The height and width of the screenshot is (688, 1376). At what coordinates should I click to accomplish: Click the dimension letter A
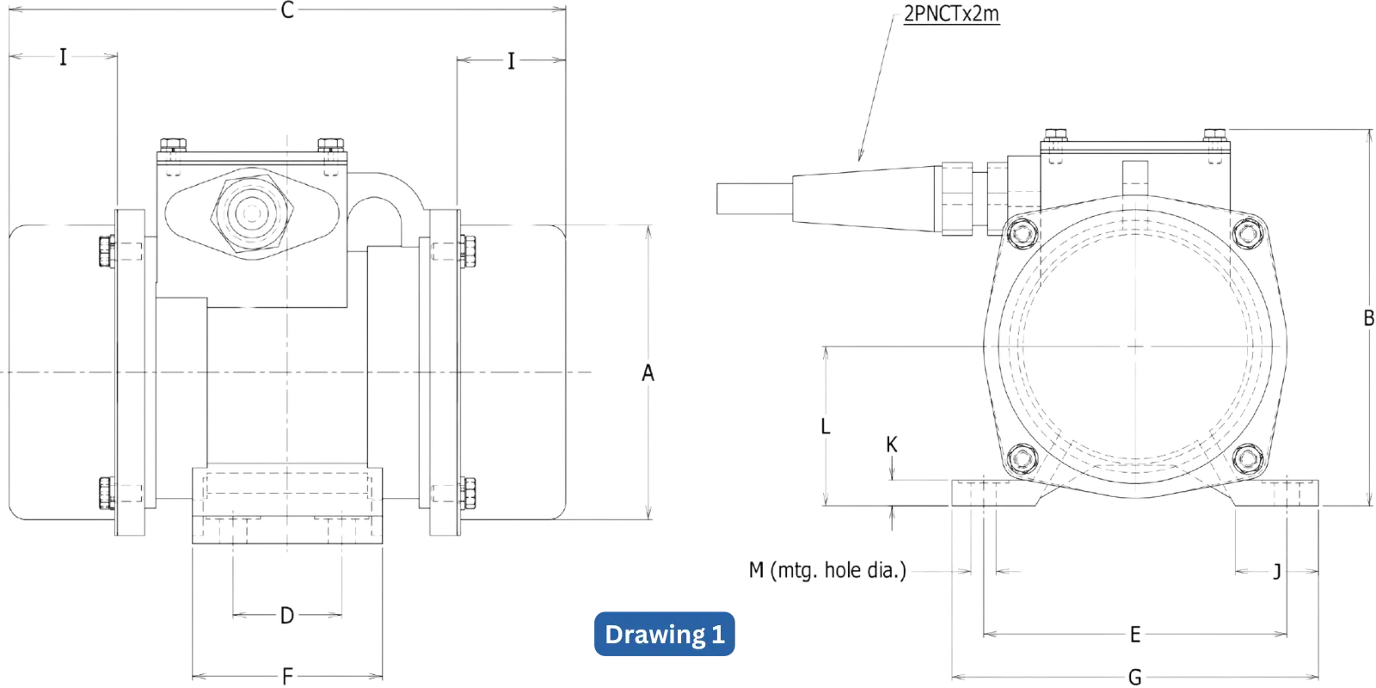pyautogui.click(x=648, y=372)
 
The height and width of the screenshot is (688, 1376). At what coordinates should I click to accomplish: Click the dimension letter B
pyautogui.click(x=1368, y=318)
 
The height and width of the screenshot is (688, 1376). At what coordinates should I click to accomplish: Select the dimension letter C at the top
pyautogui.click(x=288, y=11)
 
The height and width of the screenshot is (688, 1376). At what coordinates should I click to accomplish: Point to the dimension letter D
pyautogui.click(x=287, y=615)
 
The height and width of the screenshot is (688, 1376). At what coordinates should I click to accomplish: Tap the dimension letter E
pyautogui.click(x=1135, y=635)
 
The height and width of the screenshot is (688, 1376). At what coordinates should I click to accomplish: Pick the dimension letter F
pyautogui.click(x=287, y=676)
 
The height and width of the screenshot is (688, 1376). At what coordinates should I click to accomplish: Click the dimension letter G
pyautogui.click(x=1135, y=678)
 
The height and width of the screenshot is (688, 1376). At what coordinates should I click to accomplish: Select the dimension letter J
pyautogui.click(x=1277, y=571)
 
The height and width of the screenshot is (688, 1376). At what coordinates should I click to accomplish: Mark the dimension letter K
pyautogui.click(x=892, y=444)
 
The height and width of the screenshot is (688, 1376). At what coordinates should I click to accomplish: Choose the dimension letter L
pyautogui.click(x=825, y=427)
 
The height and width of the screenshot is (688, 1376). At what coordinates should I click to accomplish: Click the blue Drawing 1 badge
pyautogui.click(x=665, y=635)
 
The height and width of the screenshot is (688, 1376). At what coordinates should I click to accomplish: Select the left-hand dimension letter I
pyautogui.click(x=63, y=58)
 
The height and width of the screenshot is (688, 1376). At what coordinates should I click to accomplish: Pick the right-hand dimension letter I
pyautogui.click(x=512, y=61)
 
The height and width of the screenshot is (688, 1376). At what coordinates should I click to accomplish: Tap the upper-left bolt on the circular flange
pyautogui.click(x=1023, y=232)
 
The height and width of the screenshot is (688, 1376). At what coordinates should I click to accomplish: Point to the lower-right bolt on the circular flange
pyautogui.click(x=1247, y=458)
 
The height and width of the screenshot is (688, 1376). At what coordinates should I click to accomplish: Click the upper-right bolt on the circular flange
pyautogui.click(x=1247, y=232)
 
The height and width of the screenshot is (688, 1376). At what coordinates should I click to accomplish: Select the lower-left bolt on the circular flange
pyautogui.click(x=1023, y=458)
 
